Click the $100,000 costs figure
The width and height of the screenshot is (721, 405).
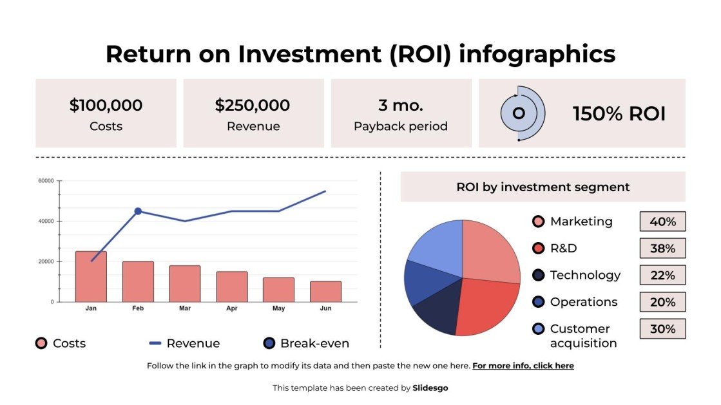(x=106, y=105)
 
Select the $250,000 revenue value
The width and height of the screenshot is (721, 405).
(x=253, y=105)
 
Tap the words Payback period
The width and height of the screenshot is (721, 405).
(x=400, y=126)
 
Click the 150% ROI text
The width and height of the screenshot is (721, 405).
(x=619, y=114)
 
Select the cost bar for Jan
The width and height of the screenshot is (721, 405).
(x=91, y=277)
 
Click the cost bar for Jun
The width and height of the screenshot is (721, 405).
(x=325, y=292)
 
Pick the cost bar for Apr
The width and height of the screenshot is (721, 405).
(x=231, y=287)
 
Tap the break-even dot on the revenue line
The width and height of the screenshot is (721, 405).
(x=138, y=211)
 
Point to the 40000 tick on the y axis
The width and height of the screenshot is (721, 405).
(x=45, y=221)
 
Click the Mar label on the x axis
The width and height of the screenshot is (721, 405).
(x=185, y=308)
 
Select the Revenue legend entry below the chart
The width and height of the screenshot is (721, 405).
(x=184, y=343)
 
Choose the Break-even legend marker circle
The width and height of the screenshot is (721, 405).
(x=269, y=343)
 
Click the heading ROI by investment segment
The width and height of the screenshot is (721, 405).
(x=543, y=187)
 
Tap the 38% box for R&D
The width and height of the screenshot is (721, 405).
(x=662, y=248)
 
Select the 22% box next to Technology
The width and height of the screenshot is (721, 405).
(x=662, y=275)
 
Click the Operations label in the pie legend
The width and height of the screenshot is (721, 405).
(x=583, y=302)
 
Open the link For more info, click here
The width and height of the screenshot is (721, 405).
(x=523, y=366)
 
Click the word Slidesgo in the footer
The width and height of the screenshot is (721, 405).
(x=430, y=388)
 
